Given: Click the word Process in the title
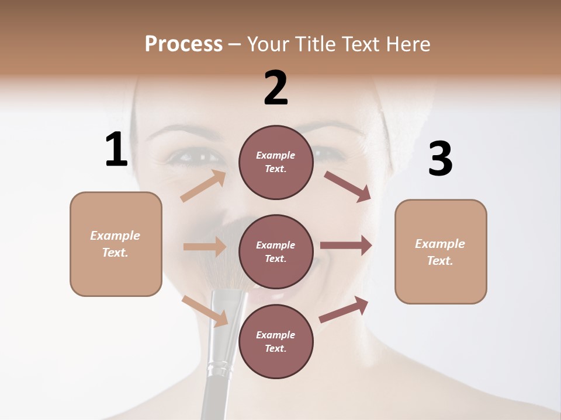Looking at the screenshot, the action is point(183,44).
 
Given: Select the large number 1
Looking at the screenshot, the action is point(116,150).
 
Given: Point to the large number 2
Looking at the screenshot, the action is point(276,88).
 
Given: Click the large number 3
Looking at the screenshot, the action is point(440,159).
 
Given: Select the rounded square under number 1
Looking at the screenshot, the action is point(116,244).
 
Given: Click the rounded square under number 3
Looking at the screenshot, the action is point(441,251).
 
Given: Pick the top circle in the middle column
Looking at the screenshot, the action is point(276,162).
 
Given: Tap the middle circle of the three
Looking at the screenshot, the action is point(276,251).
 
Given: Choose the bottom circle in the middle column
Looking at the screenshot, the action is point(276,341).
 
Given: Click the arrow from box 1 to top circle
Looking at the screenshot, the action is point(203,185).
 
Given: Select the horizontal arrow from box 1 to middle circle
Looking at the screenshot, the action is point(205,247).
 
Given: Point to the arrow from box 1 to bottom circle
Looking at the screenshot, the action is point(205,311).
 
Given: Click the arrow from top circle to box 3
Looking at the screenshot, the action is point(347,187).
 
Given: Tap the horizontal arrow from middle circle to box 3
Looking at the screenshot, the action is point(346,246).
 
